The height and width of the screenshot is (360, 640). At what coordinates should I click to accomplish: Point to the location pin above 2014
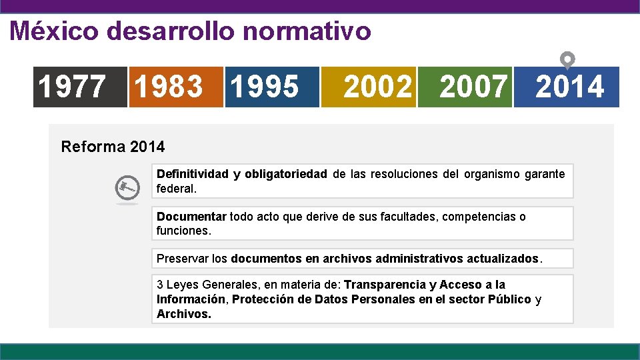[566, 60]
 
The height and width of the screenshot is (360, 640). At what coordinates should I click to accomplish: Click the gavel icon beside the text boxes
[127, 189]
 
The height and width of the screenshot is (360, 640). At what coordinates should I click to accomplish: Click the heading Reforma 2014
[113, 146]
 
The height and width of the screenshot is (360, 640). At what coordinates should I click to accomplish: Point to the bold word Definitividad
[191, 174]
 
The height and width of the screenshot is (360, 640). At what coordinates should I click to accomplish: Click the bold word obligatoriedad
[285, 174]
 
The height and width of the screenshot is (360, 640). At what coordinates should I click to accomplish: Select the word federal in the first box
[176, 189]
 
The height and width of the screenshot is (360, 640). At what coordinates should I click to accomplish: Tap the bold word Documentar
[191, 217]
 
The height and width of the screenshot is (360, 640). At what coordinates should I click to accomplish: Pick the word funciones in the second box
[183, 231]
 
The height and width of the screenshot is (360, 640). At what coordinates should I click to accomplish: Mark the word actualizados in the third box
[504, 258]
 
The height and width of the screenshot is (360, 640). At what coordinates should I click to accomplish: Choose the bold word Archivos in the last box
[183, 314]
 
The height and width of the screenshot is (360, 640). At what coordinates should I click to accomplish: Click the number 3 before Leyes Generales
[160, 285]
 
